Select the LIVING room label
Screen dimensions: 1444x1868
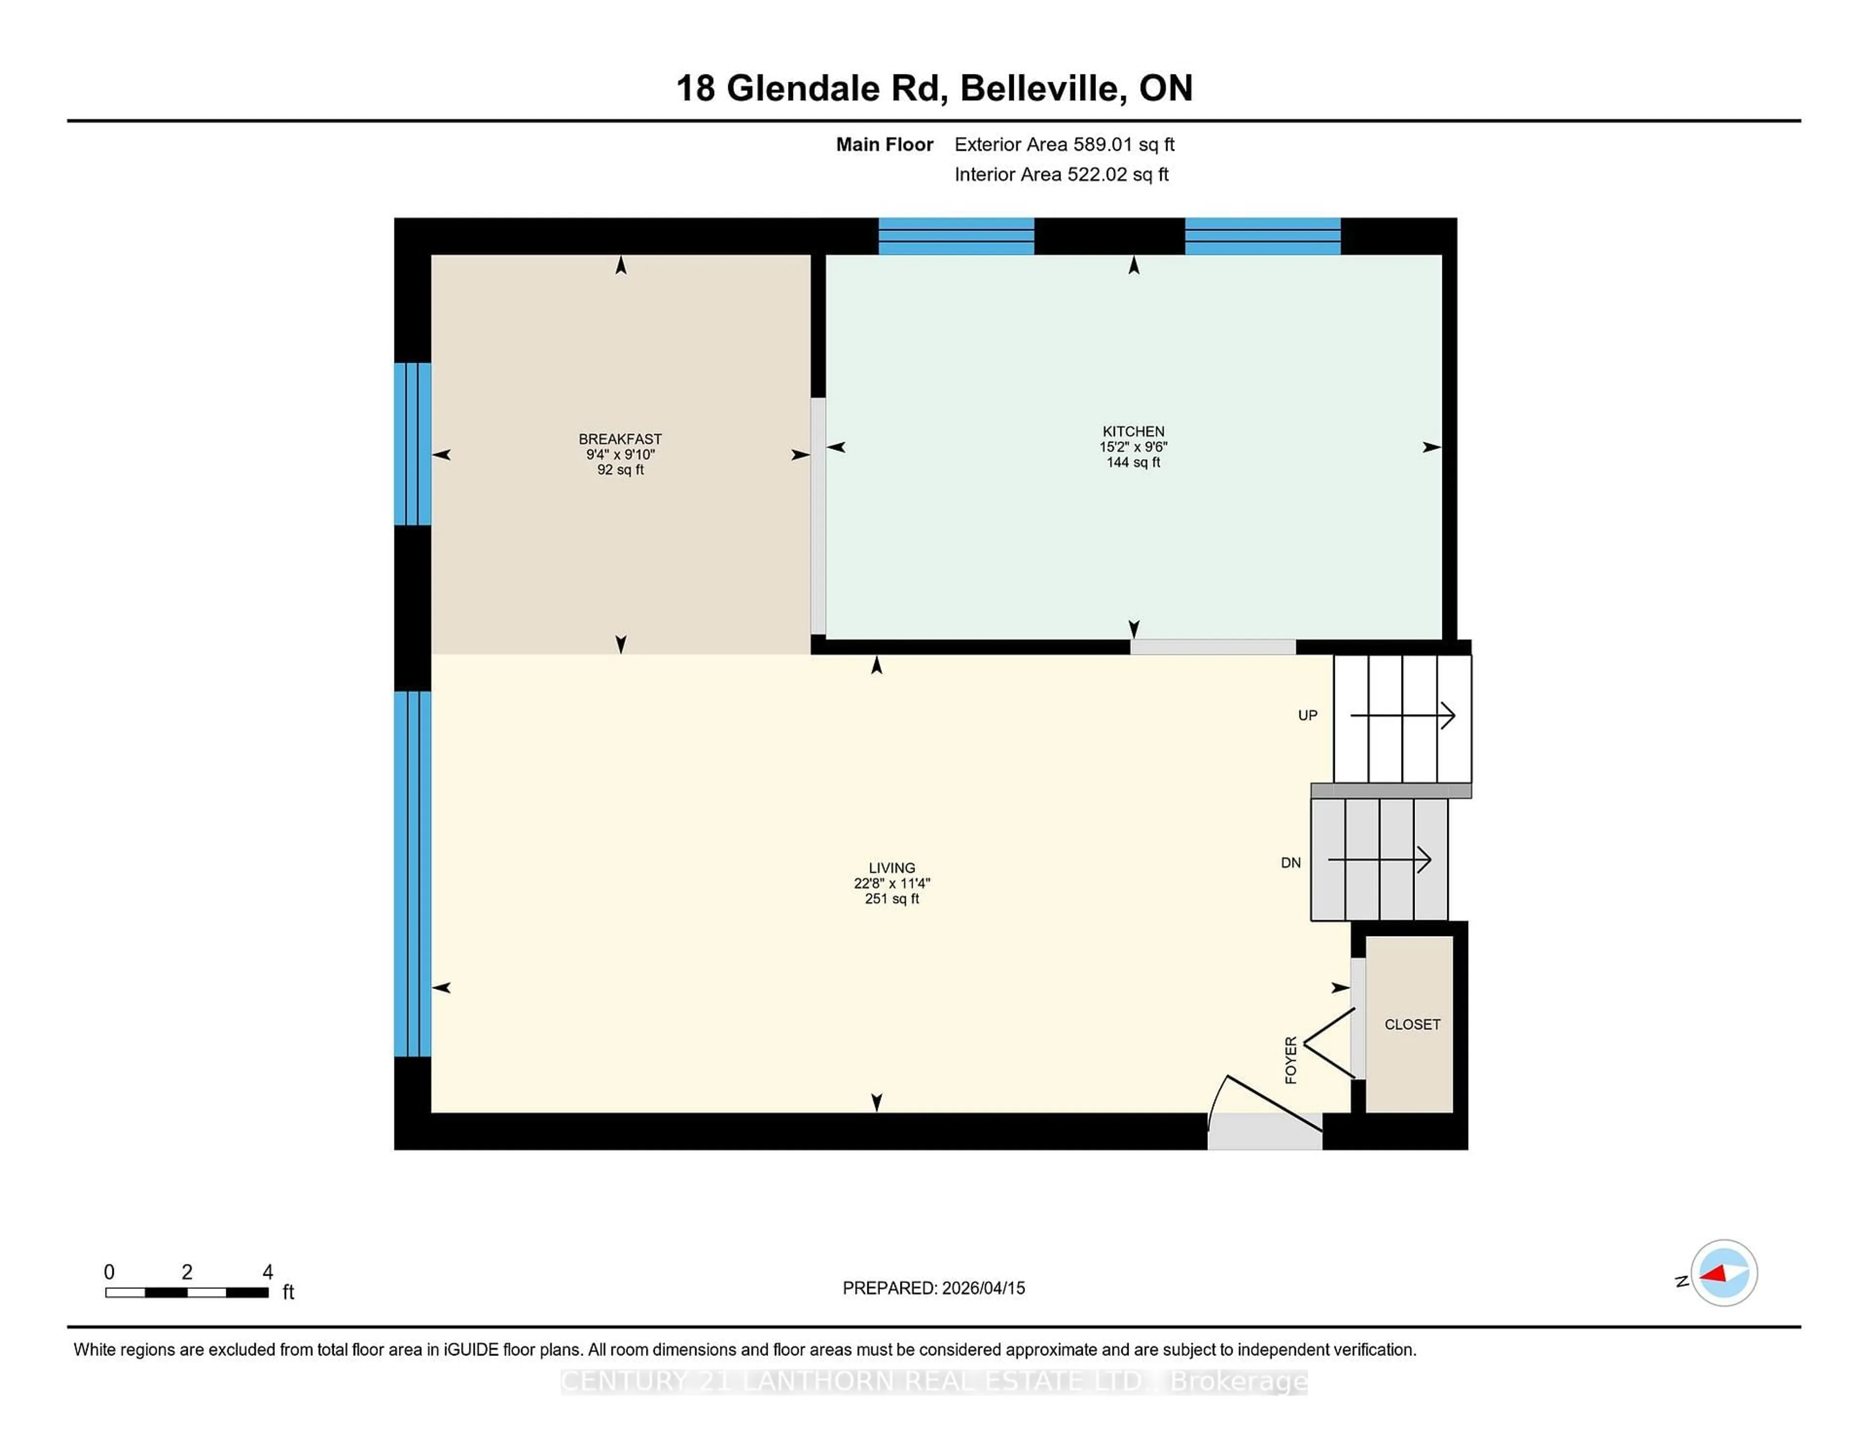[891, 867]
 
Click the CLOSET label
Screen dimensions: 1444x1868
[1412, 1024]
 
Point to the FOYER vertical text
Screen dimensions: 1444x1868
[1291, 1060]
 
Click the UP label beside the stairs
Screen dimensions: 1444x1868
[1307, 715]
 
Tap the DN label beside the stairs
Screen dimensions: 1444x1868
[1291, 862]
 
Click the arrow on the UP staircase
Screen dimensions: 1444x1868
[1403, 715]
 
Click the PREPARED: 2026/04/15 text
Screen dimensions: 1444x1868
[933, 1287]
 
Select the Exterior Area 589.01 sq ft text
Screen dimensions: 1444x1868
[1064, 144]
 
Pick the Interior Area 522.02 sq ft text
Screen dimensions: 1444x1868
[1060, 175]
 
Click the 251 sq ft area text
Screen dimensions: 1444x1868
[891, 898]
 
